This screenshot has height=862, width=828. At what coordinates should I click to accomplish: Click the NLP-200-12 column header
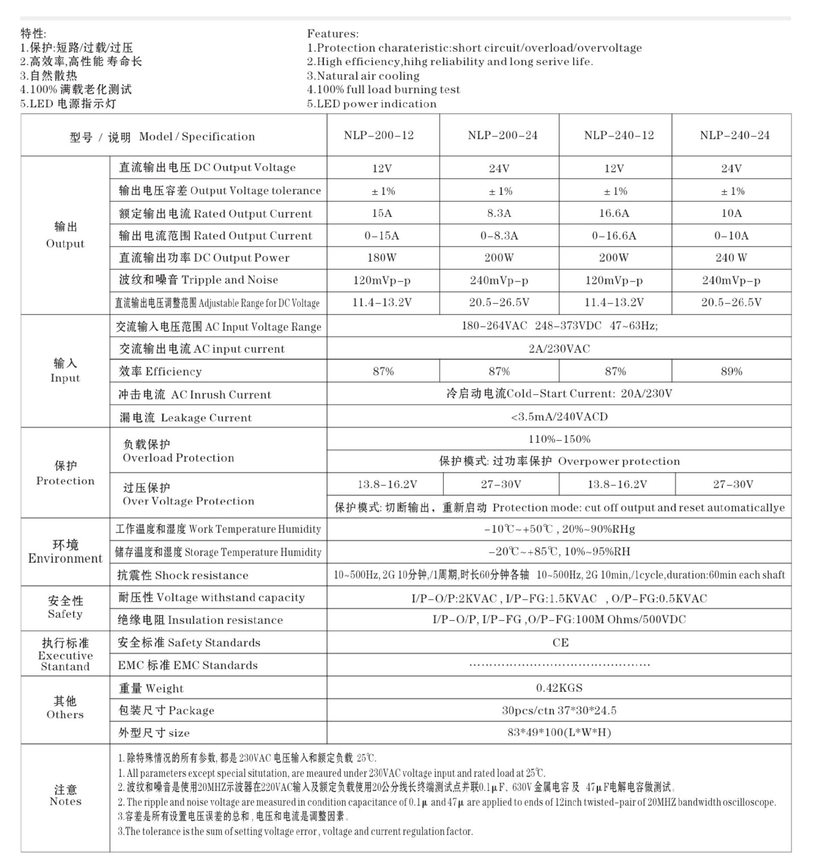coord(379,135)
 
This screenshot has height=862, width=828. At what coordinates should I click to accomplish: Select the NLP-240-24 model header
coord(734,135)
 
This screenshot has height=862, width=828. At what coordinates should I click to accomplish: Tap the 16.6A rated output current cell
coord(614,213)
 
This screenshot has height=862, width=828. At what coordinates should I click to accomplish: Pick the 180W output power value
coord(382,258)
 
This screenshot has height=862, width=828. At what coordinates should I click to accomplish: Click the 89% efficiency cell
coord(731,371)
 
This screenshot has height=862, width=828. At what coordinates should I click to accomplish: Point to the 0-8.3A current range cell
coord(499,236)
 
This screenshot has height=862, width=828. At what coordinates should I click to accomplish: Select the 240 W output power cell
coord(731,258)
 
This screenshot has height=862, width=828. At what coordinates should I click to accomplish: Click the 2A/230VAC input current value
coord(559,349)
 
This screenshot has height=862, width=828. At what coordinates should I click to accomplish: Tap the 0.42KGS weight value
coord(559,688)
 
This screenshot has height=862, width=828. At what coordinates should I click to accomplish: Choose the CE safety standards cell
coord(560,643)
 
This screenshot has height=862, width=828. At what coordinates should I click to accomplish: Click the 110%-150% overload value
coord(559,439)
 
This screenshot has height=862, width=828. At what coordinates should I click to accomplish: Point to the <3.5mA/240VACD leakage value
coord(559,417)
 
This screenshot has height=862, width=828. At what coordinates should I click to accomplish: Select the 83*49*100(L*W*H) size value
coord(559,732)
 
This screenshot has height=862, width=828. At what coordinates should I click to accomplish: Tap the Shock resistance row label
coord(182,575)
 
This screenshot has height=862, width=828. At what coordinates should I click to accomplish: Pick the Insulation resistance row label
coord(200,620)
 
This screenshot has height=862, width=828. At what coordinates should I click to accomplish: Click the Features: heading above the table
coord(332,34)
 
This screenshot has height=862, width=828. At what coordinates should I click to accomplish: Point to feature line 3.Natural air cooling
coord(363,75)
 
